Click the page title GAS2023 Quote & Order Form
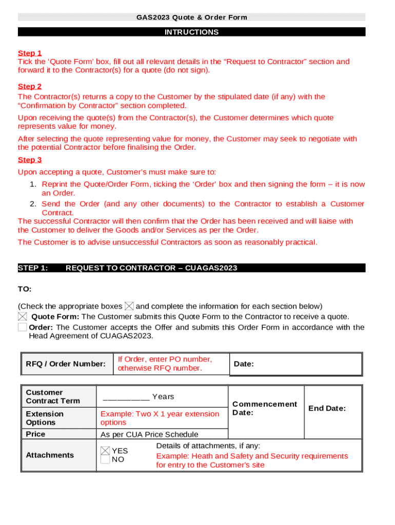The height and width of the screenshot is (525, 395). click(x=191, y=17)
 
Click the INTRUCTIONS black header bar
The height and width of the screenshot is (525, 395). click(x=191, y=32)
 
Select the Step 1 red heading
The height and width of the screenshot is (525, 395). click(x=30, y=53)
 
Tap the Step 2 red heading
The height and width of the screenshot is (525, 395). click(x=30, y=87)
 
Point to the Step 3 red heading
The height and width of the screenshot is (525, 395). click(x=30, y=160)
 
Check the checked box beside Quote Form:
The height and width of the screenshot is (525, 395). click(x=23, y=317)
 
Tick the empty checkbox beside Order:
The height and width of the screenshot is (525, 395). click(x=23, y=327)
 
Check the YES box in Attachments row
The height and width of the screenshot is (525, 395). click(x=105, y=451)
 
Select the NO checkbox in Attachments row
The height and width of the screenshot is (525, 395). click(x=105, y=459)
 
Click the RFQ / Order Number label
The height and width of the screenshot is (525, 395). click(x=66, y=364)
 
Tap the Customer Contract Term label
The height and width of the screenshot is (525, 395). click(x=53, y=397)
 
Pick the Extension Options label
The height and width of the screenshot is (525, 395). click(x=45, y=418)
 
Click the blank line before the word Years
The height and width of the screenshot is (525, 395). click(x=126, y=397)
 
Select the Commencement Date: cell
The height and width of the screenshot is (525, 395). click(x=264, y=408)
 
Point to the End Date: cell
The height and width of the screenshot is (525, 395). click(x=327, y=408)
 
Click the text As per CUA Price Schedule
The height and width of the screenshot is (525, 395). click(x=149, y=435)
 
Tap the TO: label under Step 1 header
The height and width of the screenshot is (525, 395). click(x=25, y=289)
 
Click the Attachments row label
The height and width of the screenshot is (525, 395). click(x=50, y=455)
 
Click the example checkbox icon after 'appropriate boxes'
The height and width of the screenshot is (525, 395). click(x=129, y=306)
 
